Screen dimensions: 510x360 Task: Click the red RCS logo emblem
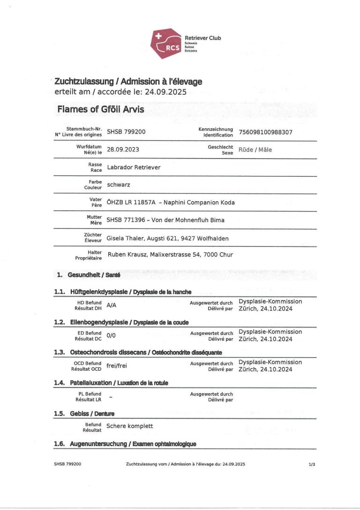tap(167, 43)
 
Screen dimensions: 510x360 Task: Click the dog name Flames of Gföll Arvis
tap(100, 109)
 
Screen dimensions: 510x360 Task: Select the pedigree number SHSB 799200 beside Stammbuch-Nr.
tap(126, 132)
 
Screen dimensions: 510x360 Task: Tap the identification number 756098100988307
tap(265, 132)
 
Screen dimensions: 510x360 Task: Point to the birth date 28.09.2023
tap(123, 150)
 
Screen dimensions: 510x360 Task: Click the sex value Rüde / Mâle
tap(255, 150)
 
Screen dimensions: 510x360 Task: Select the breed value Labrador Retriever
tap(134, 167)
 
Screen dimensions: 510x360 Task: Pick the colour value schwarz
tap(119, 184)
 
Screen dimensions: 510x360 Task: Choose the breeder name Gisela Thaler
tap(127, 238)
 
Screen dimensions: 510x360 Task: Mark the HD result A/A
tap(112, 305)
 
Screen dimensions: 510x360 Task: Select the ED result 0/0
tap(111, 335)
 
